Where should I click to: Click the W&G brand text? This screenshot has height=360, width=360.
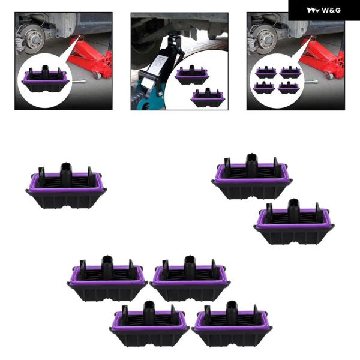pyautogui.click(x=331, y=10)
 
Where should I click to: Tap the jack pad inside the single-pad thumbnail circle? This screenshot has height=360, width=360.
pyautogui.click(x=45, y=79)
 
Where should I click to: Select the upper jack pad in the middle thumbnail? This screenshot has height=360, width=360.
pyautogui.click(x=192, y=75)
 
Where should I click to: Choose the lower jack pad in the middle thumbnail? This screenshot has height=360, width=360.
pyautogui.click(x=208, y=97)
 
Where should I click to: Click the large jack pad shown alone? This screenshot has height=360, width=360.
pyautogui.click(x=66, y=186)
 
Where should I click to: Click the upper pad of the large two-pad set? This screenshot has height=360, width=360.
pyautogui.click(x=252, y=176)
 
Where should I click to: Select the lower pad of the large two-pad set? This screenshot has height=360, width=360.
pyautogui.click(x=294, y=222)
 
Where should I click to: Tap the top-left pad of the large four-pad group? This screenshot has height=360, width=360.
pyautogui.click(x=107, y=278)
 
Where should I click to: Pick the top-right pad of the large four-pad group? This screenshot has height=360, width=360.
pyautogui.click(x=190, y=278)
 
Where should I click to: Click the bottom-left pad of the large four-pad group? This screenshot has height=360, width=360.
pyautogui.click(x=149, y=324)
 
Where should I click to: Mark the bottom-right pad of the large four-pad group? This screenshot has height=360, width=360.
pyautogui.click(x=232, y=324)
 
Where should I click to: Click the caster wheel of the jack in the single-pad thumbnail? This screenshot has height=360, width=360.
pyautogui.click(x=98, y=76)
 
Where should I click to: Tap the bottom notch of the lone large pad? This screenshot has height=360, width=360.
pyautogui.click(x=67, y=208)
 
